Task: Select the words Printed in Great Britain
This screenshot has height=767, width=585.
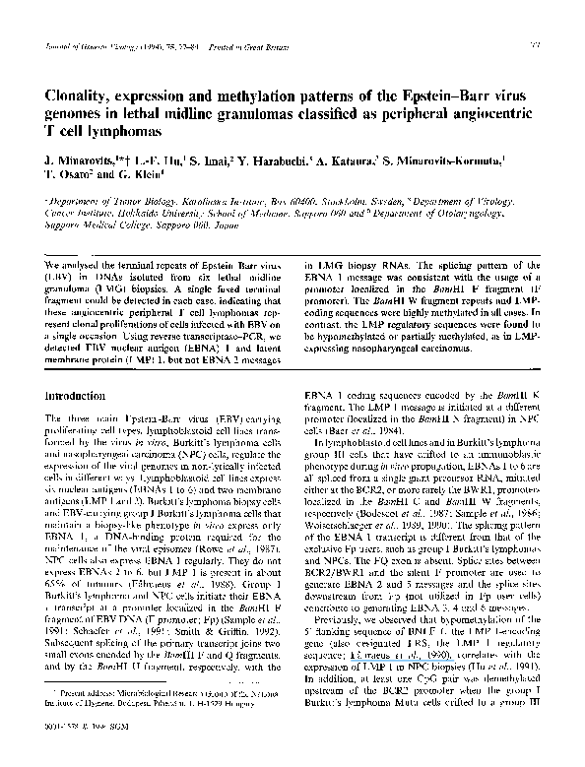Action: pyautogui.click(x=232, y=44)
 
